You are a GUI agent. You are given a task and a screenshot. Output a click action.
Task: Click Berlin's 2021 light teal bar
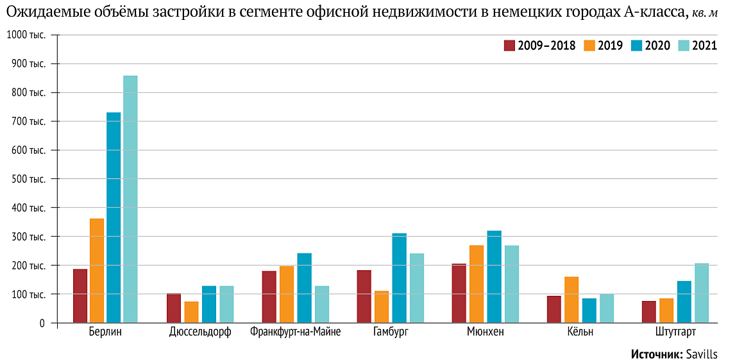pyautogui.click(x=130, y=199)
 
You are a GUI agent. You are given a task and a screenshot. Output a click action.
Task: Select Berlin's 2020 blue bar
pyautogui.click(x=114, y=218)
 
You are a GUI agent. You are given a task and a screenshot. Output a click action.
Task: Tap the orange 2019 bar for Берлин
pyautogui.click(x=97, y=270)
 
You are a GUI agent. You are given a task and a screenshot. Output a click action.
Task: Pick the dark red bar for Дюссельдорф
pyautogui.click(x=174, y=308)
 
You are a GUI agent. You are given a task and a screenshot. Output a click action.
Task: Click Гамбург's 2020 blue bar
pyautogui.click(x=399, y=278)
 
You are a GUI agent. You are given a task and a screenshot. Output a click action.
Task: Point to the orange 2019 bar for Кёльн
pyautogui.click(x=571, y=300)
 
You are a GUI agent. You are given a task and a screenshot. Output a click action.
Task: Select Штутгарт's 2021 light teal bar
pyautogui.click(x=702, y=293)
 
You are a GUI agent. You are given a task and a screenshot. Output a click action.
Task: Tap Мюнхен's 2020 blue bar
pyautogui.click(x=494, y=277)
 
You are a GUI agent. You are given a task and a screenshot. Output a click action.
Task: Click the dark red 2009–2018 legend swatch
pyautogui.click(x=510, y=46)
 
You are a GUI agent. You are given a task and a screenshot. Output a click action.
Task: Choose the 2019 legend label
pyautogui.click(x=610, y=46)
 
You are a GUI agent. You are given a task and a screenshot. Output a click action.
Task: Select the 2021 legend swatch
pyautogui.click(x=684, y=46)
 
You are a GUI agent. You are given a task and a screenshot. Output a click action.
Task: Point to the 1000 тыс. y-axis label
pyautogui.click(x=26, y=35)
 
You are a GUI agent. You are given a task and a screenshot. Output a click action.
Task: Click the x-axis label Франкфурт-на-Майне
pyautogui.click(x=295, y=332)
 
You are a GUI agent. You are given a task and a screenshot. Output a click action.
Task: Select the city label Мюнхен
pyautogui.click(x=486, y=332)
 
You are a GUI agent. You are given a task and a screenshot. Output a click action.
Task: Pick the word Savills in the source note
pyautogui.click(x=701, y=354)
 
